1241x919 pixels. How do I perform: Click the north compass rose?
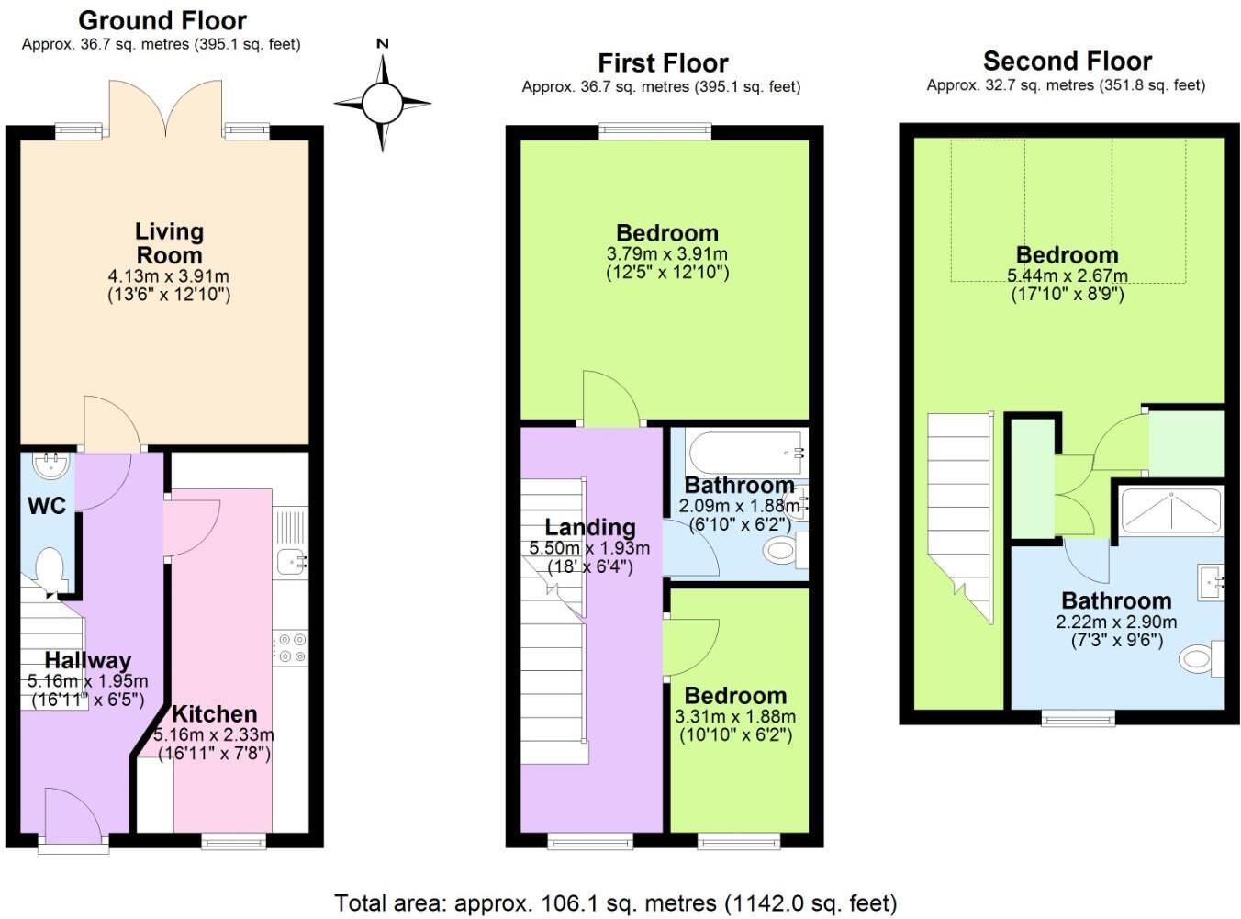pos(382,103)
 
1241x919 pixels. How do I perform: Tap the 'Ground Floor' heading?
pos(162,20)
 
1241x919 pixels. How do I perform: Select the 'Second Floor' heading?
pos(1067,62)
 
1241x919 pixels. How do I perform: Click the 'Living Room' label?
pos(169,243)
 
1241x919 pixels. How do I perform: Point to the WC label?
pos(46,505)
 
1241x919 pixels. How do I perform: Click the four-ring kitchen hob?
pos(291,647)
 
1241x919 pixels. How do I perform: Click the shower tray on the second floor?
pos(1171,511)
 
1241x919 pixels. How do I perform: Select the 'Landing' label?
pos(589,527)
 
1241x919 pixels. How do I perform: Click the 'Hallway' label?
pos(87,660)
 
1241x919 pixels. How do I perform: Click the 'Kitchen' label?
pos(214,713)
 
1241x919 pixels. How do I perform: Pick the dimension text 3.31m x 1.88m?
pos(735,716)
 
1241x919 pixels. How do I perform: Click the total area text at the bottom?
pos(615,903)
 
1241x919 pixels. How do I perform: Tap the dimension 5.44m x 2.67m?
pos(1067,275)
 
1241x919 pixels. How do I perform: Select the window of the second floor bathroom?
pos(1078,717)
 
